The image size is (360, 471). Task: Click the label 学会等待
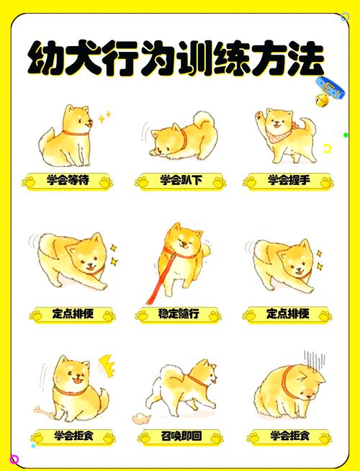(x=68, y=180)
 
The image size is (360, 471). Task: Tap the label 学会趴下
(x=179, y=180)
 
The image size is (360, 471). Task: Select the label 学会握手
(x=288, y=180)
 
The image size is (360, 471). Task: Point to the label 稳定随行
(x=179, y=314)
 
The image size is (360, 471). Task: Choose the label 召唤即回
(x=180, y=436)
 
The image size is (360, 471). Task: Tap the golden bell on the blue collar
(x=322, y=98)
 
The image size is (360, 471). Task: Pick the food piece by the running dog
(x=138, y=417)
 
